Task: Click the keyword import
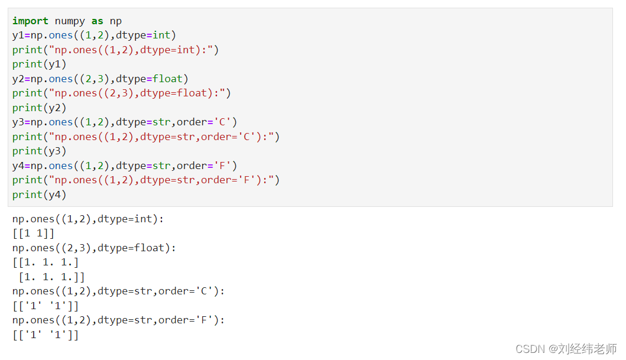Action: pos(31,21)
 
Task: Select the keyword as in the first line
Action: pos(97,21)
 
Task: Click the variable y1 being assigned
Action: pos(18,35)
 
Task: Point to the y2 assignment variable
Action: pos(18,79)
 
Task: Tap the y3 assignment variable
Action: pos(18,122)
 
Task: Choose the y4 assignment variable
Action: pos(18,166)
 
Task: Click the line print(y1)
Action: pos(40,64)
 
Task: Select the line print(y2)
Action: pos(40,108)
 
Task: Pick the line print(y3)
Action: pos(40,151)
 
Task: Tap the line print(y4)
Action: pos(40,194)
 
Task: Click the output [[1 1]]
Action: pos(33,233)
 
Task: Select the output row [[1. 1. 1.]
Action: pos(46,262)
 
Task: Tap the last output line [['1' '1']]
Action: pos(46,335)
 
